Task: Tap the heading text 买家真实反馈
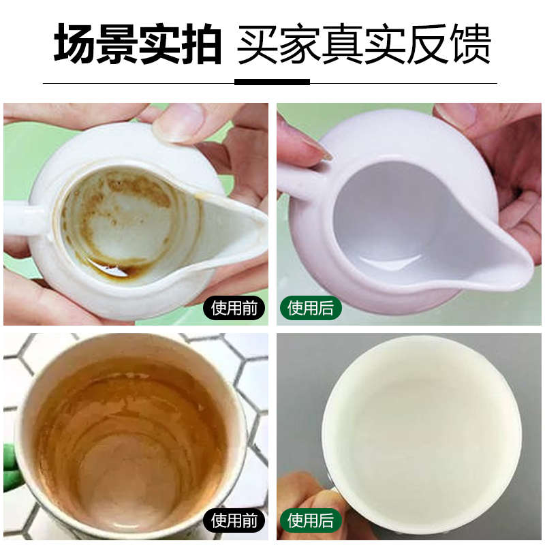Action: (364, 42)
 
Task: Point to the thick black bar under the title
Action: (272, 82)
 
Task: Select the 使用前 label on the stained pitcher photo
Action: (234, 309)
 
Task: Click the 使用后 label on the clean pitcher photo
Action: (311, 309)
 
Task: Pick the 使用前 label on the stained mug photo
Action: (234, 521)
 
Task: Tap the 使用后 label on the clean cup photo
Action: (311, 521)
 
